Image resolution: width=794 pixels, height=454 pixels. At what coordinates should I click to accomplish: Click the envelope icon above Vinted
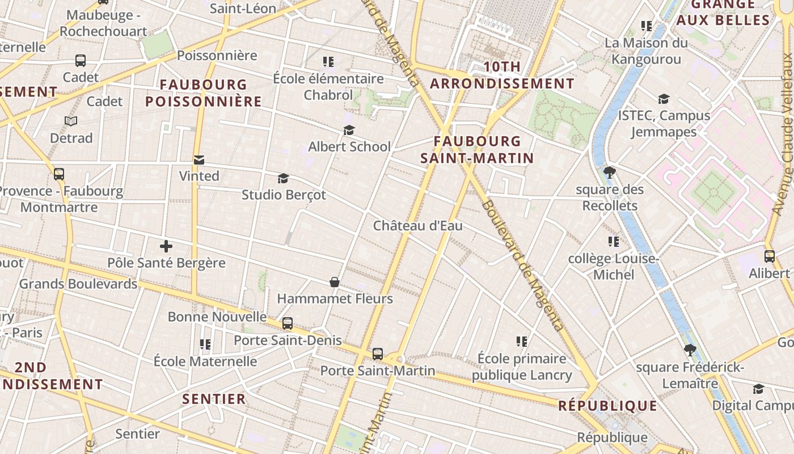[x=199, y=160]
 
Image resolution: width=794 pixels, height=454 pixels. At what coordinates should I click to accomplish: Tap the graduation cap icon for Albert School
[x=349, y=131]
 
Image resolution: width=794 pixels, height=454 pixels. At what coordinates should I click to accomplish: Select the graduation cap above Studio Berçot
[x=283, y=179]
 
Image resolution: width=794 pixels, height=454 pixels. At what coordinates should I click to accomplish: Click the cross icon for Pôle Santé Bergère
[x=166, y=246]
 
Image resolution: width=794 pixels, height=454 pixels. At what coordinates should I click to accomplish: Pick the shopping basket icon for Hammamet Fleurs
[x=335, y=282]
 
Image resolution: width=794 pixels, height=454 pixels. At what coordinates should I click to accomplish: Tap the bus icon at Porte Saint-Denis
[x=288, y=323]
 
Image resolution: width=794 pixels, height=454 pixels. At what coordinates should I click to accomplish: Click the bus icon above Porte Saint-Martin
[x=378, y=354]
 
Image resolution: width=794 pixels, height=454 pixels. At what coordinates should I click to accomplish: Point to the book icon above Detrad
[x=71, y=121]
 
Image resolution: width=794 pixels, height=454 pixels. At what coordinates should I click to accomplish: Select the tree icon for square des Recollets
[x=610, y=173]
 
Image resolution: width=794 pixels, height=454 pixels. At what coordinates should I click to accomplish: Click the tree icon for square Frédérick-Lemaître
[x=690, y=350]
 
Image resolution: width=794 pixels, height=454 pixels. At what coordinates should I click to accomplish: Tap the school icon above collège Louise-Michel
[x=613, y=242]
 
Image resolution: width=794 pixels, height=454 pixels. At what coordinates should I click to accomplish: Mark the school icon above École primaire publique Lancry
[x=522, y=342]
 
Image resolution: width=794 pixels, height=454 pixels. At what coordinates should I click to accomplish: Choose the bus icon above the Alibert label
[x=769, y=257]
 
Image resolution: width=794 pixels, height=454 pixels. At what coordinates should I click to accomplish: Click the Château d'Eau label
[x=417, y=226]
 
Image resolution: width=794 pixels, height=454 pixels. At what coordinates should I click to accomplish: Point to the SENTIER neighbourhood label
[x=214, y=399]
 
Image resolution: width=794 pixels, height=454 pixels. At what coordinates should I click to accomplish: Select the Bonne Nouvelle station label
[x=217, y=317]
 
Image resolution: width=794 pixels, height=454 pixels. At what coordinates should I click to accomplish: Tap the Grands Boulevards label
[x=78, y=284]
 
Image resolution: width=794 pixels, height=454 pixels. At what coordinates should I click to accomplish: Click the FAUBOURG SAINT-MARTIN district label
[x=477, y=150]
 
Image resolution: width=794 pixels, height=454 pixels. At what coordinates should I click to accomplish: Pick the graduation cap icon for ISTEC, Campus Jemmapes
[x=664, y=99]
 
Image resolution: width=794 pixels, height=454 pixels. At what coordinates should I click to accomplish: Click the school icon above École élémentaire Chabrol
[x=328, y=61]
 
